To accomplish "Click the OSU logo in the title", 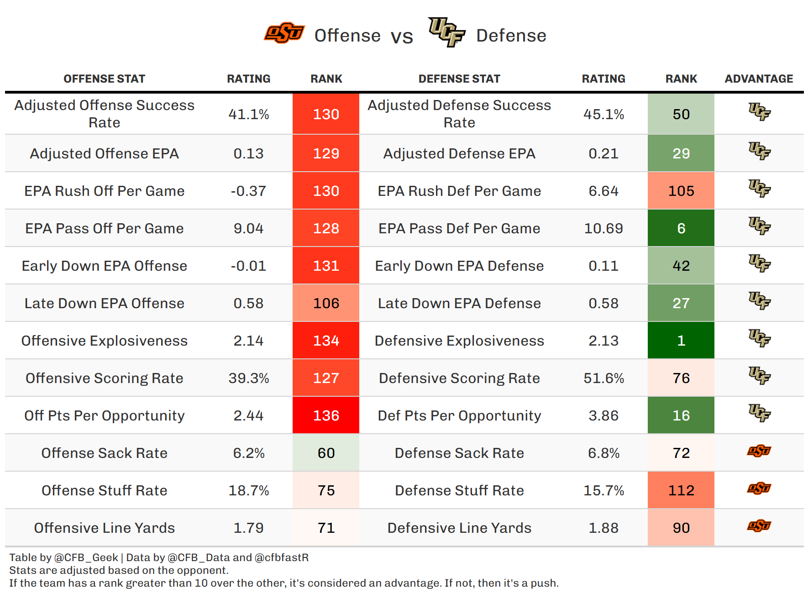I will click(284, 33).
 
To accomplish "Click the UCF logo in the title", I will click(446, 32).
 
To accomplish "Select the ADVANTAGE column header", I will click(759, 79).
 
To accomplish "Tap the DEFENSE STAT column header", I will click(459, 79).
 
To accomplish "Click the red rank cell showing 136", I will click(326, 415).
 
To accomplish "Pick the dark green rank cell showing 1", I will click(681, 341).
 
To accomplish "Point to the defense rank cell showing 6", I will click(681, 228).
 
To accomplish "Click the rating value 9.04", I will click(248, 228).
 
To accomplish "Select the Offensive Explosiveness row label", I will click(105, 341).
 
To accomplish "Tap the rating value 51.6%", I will click(603, 378).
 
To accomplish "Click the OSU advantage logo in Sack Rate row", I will click(759, 452).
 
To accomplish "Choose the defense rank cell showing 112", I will click(681, 490).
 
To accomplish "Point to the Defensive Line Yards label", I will click(459, 528).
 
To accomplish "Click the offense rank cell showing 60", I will click(326, 453).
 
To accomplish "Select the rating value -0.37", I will click(248, 191).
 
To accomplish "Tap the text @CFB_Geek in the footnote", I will click(86, 557).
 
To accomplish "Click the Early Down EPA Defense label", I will click(459, 266).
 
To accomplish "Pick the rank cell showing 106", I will click(326, 303).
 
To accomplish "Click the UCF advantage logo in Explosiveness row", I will click(759, 338).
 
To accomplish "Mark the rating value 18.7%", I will click(248, 490).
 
